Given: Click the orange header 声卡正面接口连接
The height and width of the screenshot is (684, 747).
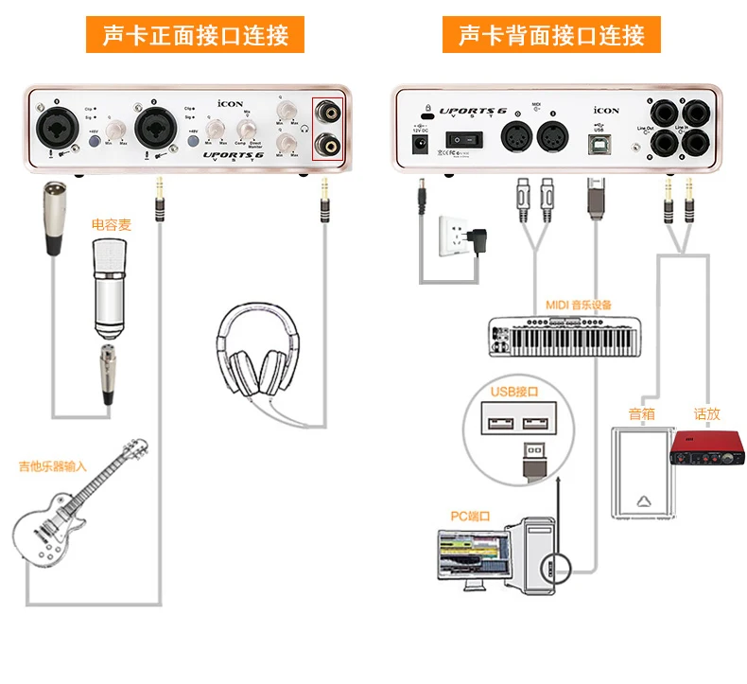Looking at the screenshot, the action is pos(196,35).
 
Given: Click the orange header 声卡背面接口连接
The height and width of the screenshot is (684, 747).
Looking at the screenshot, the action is pos(551,35).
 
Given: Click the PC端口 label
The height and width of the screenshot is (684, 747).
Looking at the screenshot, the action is pos(470,516).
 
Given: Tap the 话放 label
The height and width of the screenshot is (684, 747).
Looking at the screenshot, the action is pos(706,413).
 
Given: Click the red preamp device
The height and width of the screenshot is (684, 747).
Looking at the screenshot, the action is pos(704,448).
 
